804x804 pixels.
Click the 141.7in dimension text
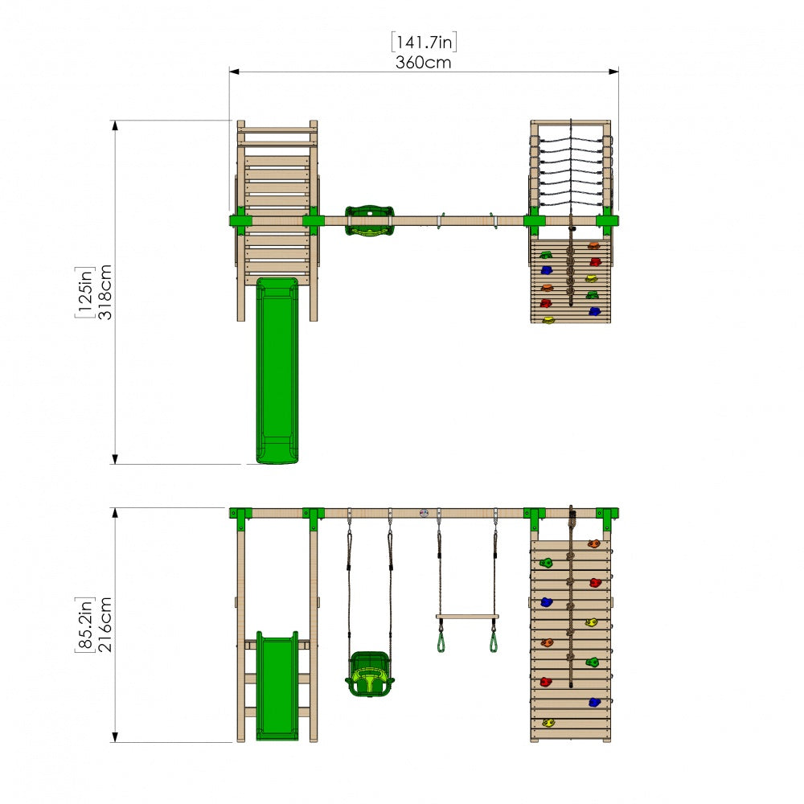[424, 42]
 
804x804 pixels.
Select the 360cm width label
[424, 63]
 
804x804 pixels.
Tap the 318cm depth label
[105, 293]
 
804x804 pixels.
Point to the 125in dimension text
[85, 293]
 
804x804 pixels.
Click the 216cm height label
[105, 625]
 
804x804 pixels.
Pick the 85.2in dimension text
[85, 625]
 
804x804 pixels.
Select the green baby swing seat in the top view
[370, 220]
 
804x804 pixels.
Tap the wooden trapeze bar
[467, 617]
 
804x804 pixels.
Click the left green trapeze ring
[441, 642]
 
